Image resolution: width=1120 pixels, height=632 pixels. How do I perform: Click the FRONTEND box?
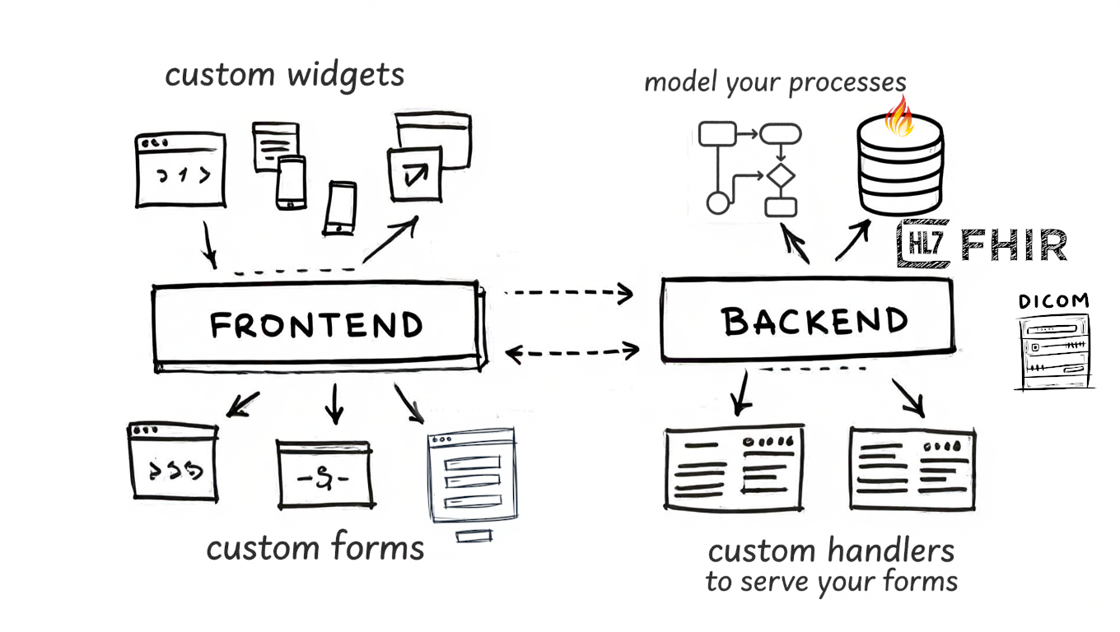[x=317, y=325]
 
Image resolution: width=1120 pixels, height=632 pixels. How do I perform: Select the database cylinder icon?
[x=900, y=169]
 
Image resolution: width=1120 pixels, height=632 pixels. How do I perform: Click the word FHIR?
[x=1015, y=245]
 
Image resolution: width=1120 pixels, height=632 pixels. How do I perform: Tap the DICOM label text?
[x=1053, y=301]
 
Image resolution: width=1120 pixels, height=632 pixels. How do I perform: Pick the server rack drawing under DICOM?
[x=1054, y=351]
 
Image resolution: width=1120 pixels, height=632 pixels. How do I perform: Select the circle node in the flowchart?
[x=718, y=202]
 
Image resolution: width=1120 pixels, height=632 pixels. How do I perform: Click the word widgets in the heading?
[x=346, y=75]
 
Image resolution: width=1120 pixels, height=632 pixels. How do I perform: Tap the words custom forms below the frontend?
[x=315, y=547]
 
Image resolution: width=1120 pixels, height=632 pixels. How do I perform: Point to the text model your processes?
[x=775, y=82]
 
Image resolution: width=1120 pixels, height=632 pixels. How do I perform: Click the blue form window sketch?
[x=473, y=476]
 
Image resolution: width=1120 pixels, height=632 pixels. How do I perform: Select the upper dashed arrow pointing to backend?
[x=568, y=292]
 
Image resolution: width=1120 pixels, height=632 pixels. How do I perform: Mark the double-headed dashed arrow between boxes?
[x=572, y=352]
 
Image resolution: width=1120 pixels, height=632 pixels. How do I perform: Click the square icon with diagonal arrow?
[x=415, y=174]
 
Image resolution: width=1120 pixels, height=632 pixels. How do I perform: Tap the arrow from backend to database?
[x=852, y=239]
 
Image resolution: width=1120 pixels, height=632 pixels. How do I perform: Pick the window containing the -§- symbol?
[x=324, y=475]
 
